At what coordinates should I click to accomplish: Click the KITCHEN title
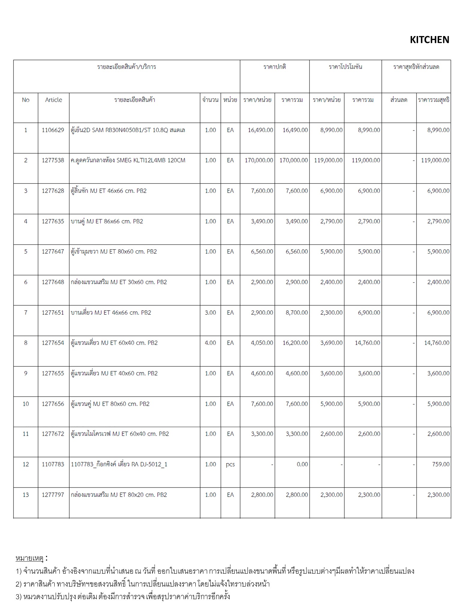click(429, 40)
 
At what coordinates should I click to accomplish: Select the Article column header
click(53, 100)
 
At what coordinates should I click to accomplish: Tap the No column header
click(26, 100)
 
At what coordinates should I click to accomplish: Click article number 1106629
click(53, 130)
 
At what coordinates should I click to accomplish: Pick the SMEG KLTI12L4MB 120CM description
click(128, 160)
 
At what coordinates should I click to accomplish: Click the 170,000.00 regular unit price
click(259, 160)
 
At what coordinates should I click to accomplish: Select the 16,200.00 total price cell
click(295, 343)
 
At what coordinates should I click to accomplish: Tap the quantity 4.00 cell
click(210, 343)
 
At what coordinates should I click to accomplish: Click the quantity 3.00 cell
click(210, 313)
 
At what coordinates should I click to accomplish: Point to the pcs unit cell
click(230, 464)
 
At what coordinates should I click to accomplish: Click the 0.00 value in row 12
click(302, 464)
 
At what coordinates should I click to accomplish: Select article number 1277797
click(53, 495)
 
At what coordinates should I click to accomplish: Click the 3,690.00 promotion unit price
click(331, 343)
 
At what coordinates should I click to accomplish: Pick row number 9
click(26, 373)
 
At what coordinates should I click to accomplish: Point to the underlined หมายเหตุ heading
click(30, 558)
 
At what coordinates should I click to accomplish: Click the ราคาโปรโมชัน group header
click(345, 67)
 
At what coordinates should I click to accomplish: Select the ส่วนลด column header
click(399, 100)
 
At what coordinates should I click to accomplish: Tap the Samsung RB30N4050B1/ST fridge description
click(128, 130)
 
